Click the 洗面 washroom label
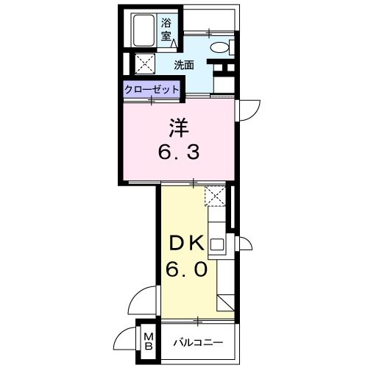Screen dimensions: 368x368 tap(184, 65)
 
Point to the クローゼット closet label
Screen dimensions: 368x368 tap(152, 88)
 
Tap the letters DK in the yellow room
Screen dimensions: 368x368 tap(188, 243)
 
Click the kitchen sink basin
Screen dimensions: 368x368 tap(217, 244)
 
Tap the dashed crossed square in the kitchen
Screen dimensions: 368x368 tap(215, 195)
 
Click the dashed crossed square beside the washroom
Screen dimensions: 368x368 tap(143, 63)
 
